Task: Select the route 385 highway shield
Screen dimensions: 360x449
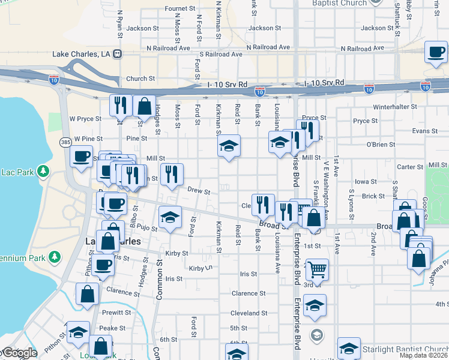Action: (x=65, y=142)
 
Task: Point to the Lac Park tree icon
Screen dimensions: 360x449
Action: (x=42, y=172)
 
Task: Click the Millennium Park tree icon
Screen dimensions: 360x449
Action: (x=55, y=257)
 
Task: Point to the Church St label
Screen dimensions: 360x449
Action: (x=140, y=79)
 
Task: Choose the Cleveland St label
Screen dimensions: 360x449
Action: (x=249, y=313)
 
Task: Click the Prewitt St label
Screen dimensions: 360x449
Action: (x=116, y=313)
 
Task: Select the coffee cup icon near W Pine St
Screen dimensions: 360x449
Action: (x=81, y=157)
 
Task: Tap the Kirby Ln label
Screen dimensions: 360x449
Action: (x=200, y=268)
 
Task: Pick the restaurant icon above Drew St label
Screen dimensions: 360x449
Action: (x=172, y=173)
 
